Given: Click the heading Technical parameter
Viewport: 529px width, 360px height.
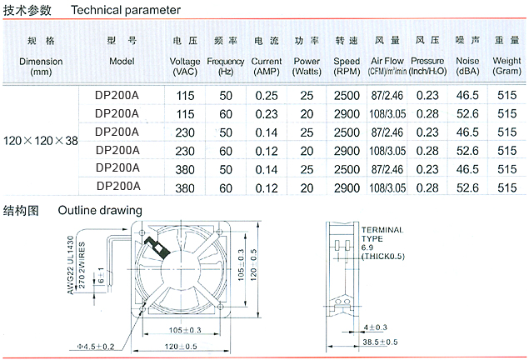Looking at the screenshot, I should (x=125, y=11).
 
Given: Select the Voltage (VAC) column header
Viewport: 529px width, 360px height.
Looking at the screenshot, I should (x=184, y=62).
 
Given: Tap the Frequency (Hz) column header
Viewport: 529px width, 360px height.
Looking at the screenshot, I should (x=225, y=62).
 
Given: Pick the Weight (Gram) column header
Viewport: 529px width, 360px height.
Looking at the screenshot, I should (x=507, y=62).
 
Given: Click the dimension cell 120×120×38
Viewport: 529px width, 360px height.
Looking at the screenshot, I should (x=41, y=141).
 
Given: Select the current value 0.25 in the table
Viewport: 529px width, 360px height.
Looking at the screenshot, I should (x=267, y=96).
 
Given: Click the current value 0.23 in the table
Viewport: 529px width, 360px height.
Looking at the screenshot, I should (x=267, y=113).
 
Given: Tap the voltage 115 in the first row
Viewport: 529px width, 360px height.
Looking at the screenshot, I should (x=185, y=96).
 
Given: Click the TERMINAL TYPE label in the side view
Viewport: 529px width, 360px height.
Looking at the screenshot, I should (x=382, y=234).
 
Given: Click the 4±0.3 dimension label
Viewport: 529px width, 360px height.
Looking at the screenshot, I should (x=376, y=327).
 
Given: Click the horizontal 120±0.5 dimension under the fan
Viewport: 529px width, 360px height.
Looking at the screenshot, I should (x=181, y=346).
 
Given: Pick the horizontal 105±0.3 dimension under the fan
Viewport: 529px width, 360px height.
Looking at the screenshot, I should (x=178, y=330).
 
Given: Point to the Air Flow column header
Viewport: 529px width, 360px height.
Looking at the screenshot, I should (x=387, y=62).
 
